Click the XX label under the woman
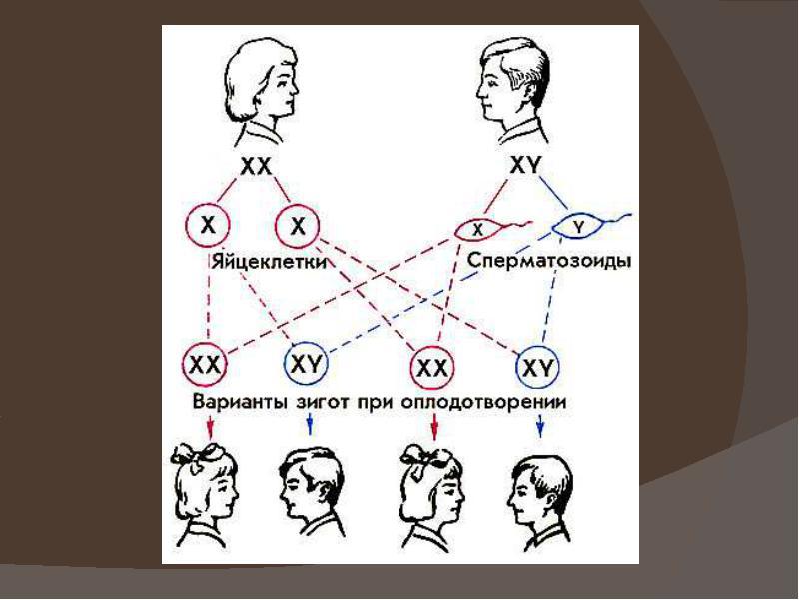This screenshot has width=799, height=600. click(x=256, y=166)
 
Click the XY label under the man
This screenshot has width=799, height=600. click(x=524, y=166)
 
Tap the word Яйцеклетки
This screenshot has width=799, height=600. click(x=269, y=261)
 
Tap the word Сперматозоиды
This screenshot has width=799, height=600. click(x=549, y=261)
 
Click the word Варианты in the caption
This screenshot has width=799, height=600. click(x=240, y=402)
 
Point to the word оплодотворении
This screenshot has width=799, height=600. click(x=483, y=402)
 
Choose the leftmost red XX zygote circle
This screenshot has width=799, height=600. click(x=205, y=365)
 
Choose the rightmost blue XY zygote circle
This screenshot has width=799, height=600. click(x=538, y=367)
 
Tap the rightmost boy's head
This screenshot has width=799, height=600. click(x=540, y=491)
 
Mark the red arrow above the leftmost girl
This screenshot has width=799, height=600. click(x=210, y=426)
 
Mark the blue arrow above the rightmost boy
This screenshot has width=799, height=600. click(x=540, y=426)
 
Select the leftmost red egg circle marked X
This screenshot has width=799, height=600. click(x=208, y=225)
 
